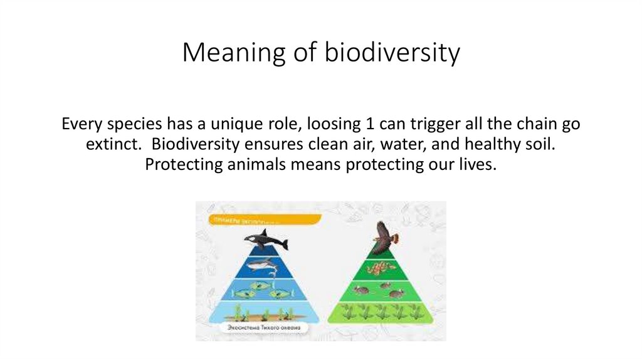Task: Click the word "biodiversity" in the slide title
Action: coord(392,54)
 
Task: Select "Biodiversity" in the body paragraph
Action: coord(191,144)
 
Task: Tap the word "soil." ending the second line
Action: coord(539,144)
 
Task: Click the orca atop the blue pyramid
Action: coord(265,240)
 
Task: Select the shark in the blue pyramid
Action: coord(263,266)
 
